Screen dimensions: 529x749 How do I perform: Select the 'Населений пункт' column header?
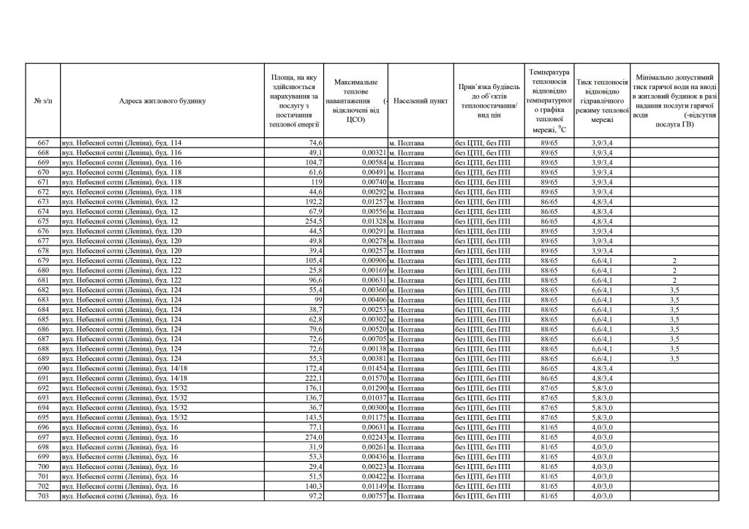coord(420,101)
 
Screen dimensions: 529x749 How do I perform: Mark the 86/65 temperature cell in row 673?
coord(549,202)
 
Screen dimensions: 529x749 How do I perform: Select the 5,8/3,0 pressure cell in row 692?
coord(602,388)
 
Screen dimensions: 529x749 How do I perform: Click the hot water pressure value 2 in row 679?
coord(673,260)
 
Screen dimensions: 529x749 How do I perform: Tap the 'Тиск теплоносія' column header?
coord(602,101)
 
